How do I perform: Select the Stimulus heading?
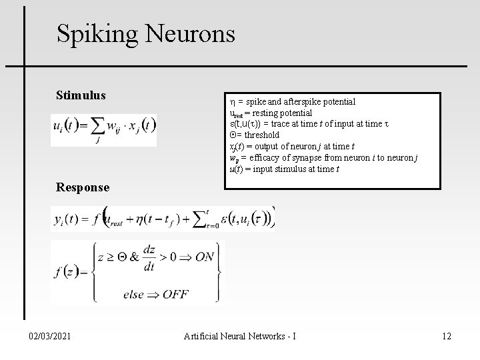tap(81, 95)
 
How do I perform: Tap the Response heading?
tap(83, 187)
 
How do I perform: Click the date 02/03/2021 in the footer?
tap(48, 336)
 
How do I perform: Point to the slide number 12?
tap(446, 336)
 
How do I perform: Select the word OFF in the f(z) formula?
tap(175, 294)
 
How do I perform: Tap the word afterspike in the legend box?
tap(299, 102)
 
